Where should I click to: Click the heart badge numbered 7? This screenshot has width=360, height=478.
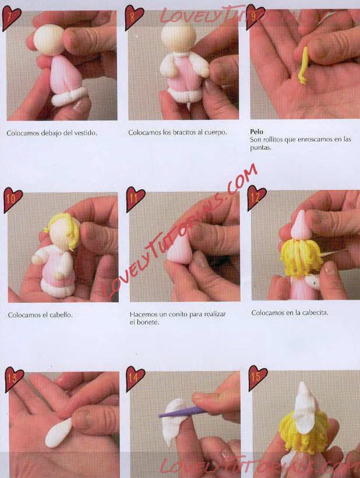[x=11, y=17]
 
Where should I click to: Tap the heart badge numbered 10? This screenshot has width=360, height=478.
[x=12, y=199]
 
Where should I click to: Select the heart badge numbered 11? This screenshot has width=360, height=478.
[x=135, y=199]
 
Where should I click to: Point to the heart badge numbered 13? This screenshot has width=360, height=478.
[x=13, y=378]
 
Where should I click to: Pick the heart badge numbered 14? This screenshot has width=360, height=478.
[x=135, y=378]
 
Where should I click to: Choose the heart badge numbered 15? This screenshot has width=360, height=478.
[x=257, y=377]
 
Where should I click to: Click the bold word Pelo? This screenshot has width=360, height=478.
[x=256, y=132]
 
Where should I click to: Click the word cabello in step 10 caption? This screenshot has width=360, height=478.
[x=61, y=315]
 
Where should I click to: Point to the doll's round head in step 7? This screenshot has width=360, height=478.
[x=49, y=39]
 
